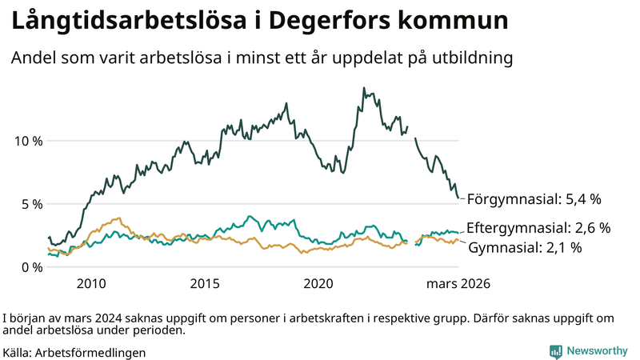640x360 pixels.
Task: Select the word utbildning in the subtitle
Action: [x=472, y=58]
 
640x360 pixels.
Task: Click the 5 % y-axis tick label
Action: [x=31, y=204]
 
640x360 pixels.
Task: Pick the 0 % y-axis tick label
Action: [x=31, y=267]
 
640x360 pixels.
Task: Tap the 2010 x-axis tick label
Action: [x=90, y=284]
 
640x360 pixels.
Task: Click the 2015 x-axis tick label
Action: [x=205, y=284]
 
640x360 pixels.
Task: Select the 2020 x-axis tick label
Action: [x=319, y=284]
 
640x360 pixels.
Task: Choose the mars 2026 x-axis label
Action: [x=458, y=284]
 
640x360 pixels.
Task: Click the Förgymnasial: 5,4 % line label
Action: [x=534, y=198]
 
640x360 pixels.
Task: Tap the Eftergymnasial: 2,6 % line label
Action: [x=538, y=228]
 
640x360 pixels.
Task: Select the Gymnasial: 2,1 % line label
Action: [x=524, y=248]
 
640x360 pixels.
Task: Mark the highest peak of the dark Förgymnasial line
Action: [x=364, y=88]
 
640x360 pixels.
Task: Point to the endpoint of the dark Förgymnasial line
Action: [x=458, y=198]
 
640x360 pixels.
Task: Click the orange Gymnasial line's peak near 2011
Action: [x=118, y=218]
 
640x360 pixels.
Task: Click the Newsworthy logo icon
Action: [x=555, y=351]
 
